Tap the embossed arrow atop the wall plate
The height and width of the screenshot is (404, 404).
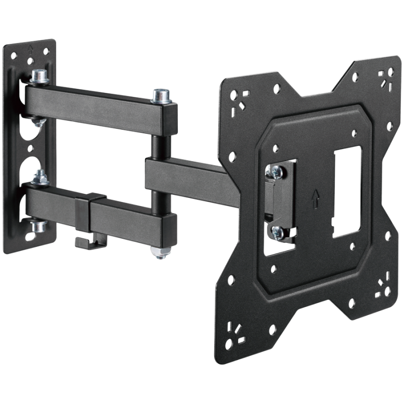[x=31, y=49]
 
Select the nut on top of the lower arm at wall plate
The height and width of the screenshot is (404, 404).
[x=37, y=176]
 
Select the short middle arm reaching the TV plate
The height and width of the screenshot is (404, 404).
[x=187, y=177]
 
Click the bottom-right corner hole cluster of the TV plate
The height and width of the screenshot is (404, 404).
[x=382, y=285]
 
